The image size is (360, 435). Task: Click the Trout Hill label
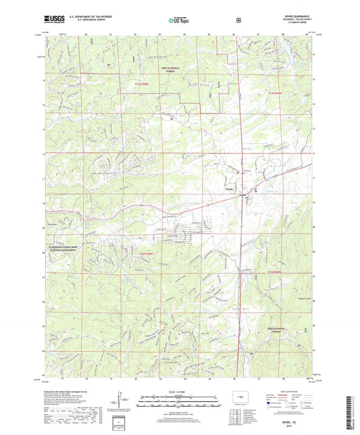[x=217, y=307]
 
